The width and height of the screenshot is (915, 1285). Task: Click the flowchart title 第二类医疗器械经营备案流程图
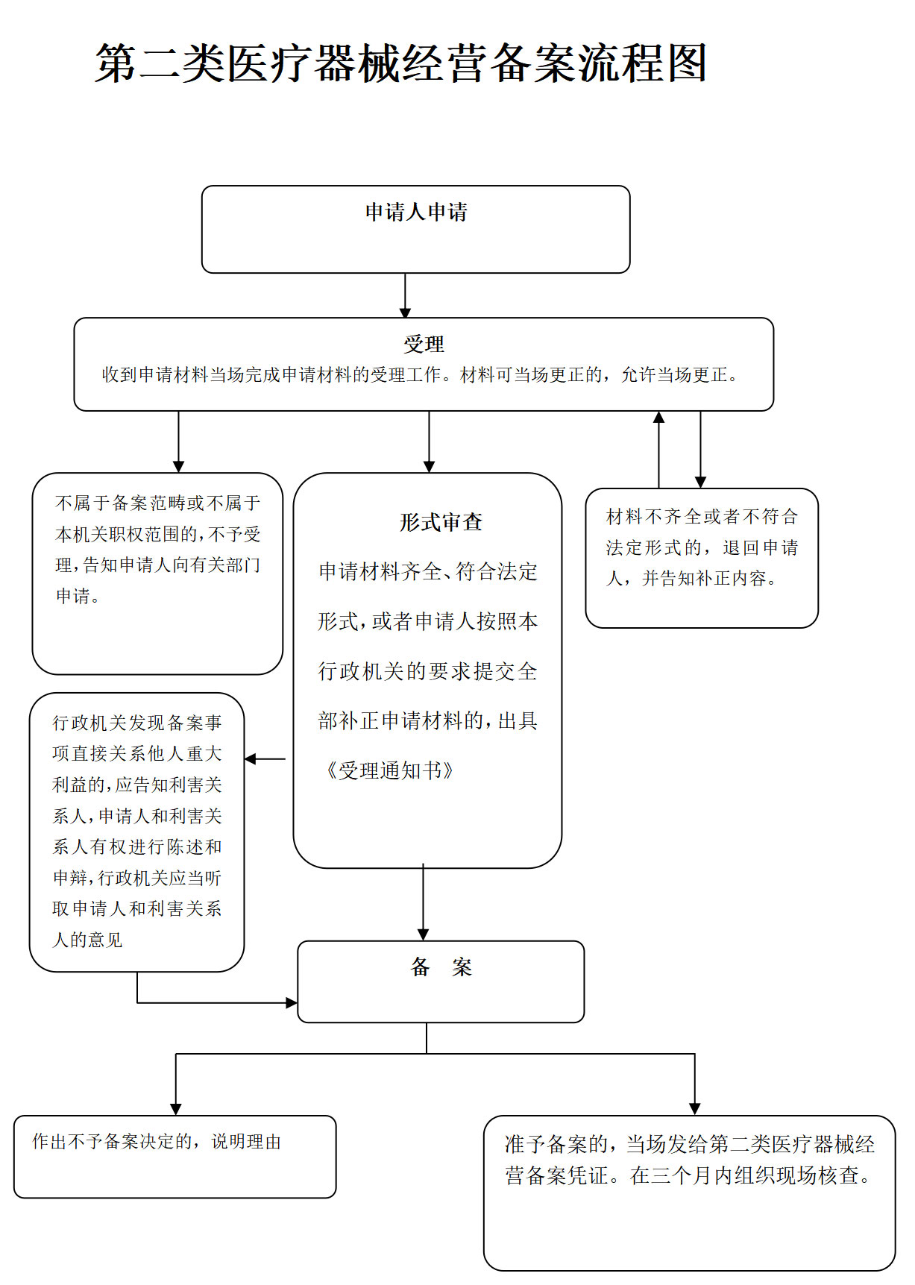point(400,63)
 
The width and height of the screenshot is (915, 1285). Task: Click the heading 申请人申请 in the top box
point(416,213)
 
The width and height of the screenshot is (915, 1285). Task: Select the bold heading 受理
point(424,345)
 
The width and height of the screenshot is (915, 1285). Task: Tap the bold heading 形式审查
point(441,522)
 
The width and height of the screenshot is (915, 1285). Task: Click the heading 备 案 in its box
point(441,968)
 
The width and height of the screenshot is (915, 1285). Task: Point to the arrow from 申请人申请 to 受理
point(405,295)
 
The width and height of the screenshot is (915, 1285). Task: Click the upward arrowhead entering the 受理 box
point(658,418)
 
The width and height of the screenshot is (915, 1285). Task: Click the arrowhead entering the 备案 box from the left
point(292,1003)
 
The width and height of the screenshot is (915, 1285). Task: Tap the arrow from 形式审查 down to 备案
point(423,902)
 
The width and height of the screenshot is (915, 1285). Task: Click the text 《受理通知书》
point(389,770)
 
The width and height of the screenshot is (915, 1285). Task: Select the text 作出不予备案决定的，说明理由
point(157,1142)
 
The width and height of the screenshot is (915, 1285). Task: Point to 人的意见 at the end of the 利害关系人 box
point(87,940)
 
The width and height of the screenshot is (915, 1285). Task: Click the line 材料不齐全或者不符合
point(702,517)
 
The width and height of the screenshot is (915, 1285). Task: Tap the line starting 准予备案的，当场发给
point(689,1144)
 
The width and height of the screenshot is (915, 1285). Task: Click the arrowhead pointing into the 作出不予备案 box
point(176,1109)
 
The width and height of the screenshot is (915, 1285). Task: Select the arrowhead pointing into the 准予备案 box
point(694,1109)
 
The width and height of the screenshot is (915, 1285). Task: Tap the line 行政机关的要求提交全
point(427,671)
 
